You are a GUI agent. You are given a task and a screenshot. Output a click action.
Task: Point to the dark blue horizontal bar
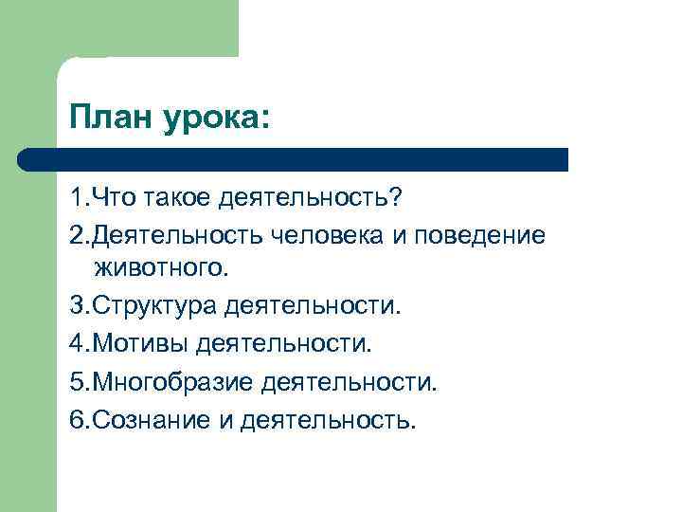(x=294, y=159)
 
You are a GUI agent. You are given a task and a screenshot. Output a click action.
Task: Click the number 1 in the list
(x=76, y=200)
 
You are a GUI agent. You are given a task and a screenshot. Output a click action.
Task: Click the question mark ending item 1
(x=396, y=200)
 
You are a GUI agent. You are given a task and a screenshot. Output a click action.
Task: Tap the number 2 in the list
(x=77, y=235)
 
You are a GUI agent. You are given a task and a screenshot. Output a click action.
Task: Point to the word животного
(x=161, y=270)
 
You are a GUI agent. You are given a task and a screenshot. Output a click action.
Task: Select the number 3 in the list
(x=77, y=306)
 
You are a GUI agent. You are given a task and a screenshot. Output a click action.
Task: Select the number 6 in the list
(x=77, y=419)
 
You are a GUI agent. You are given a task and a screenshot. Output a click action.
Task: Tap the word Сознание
(x=146, y=419)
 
